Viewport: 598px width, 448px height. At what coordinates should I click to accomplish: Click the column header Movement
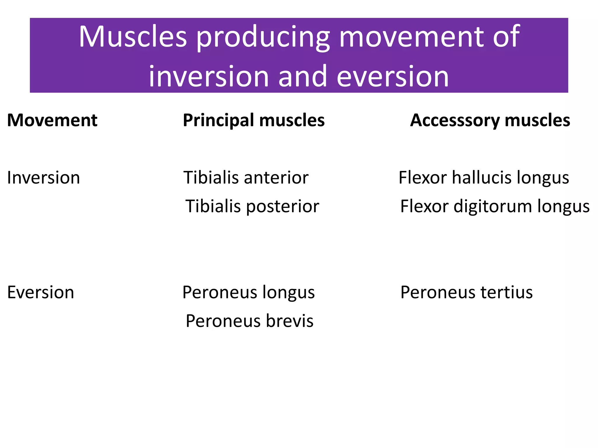click(x=52, y=120)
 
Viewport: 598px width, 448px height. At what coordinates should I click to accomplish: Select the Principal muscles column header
click(x=253, y=120)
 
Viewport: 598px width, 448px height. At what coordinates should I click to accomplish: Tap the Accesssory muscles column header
click(x=490, y=120)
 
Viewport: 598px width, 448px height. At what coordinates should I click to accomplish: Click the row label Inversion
click(x=44, y=178)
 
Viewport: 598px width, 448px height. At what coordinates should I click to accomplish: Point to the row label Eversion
click(x=41, y=292)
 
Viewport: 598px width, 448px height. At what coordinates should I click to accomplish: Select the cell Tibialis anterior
click(x=246, y=178)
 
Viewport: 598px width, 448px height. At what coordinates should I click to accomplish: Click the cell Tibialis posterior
click(x=252, y=206)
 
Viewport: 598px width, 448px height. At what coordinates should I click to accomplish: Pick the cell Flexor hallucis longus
click(x=484, y=178)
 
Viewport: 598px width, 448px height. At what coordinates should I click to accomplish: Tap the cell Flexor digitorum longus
click(x=495, y=206)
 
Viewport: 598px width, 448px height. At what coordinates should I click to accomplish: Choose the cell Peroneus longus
click(x=248, y=292)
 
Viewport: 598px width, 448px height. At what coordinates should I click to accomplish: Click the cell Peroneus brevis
click(x=250, y=321)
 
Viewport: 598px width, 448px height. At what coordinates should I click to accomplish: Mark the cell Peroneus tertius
click(x=466, y=292)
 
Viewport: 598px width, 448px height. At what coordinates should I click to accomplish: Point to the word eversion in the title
click(x=393, y=76)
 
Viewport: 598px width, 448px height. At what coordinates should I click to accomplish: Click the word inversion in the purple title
click(x=209, y=76)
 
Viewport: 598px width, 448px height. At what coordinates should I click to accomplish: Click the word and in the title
click(x=303, y=76)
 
